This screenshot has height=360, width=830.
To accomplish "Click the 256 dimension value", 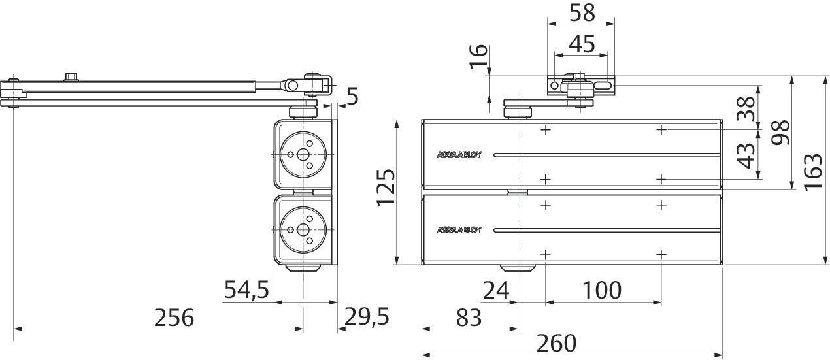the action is point(174,318).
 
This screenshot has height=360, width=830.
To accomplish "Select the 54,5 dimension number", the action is point(247,289).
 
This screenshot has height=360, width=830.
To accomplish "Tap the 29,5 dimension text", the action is point(367,317).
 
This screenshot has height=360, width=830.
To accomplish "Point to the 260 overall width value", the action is point(557,343).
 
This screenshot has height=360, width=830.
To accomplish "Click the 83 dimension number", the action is point(469,318).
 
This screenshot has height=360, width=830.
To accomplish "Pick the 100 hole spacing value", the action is point(602,290).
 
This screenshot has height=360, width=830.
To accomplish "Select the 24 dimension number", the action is point(497,290).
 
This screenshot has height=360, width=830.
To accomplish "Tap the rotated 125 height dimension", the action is point(386,188).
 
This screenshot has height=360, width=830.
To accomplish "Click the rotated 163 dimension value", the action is point(813,172).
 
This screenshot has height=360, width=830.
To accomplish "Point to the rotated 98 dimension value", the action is point(780,132).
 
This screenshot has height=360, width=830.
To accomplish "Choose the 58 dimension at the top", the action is point(582,13).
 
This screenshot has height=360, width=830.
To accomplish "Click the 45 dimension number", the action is point(582,44).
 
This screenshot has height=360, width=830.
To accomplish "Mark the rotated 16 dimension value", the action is point(478,56).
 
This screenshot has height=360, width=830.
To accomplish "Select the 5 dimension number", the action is point(354,96).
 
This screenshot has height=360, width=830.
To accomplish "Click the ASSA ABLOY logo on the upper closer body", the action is point(459,155).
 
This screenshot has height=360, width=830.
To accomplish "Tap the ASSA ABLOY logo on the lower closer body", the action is point(459,230).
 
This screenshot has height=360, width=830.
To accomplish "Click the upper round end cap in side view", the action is point(303,154).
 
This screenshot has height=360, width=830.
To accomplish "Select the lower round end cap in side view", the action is point(303,230).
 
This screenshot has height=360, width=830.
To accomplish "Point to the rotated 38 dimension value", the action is point(746,108).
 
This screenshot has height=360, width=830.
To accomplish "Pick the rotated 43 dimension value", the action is point(746,155).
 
